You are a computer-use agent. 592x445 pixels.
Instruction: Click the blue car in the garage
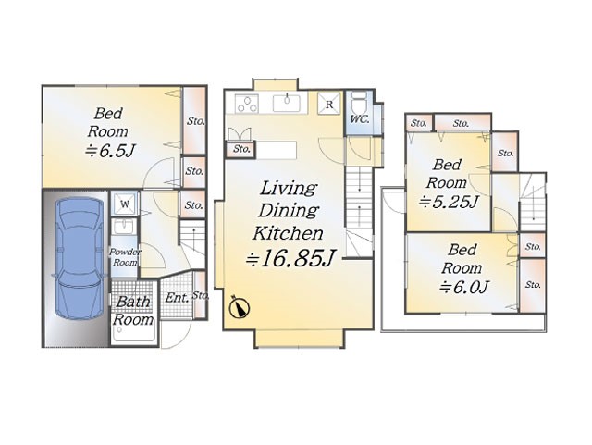(x=79, y=258)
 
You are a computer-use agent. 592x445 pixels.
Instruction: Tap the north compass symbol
(x=240, y=307)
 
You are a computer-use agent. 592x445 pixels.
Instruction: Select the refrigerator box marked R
(x=329, y=104)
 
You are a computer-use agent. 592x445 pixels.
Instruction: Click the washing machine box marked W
(x=125, y=204)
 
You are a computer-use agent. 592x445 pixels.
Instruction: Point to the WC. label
(x=360, y=118)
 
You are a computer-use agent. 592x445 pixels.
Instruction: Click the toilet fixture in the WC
(x=359, y=101)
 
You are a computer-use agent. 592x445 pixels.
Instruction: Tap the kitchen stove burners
(x=247, y=104)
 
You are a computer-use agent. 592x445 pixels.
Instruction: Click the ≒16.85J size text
(x=290, y=258)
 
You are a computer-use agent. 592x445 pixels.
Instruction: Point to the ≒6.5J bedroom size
(x=109, y=151)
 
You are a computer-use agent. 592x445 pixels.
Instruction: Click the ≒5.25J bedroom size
(x=448, y=203)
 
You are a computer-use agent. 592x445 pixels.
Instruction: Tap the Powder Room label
(x=125, y=257)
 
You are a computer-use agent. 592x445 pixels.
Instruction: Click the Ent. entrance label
(x=177, y=298)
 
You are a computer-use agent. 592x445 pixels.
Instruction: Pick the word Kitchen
(x=288, y=233)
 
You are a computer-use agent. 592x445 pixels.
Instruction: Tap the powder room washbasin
(x=123, y=227)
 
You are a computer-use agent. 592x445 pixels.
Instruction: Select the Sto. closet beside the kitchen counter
(x=240, y=150)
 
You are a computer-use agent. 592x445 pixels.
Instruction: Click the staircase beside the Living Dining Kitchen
(x=360, y=212)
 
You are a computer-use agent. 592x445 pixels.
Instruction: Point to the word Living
(x=288, y=189)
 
